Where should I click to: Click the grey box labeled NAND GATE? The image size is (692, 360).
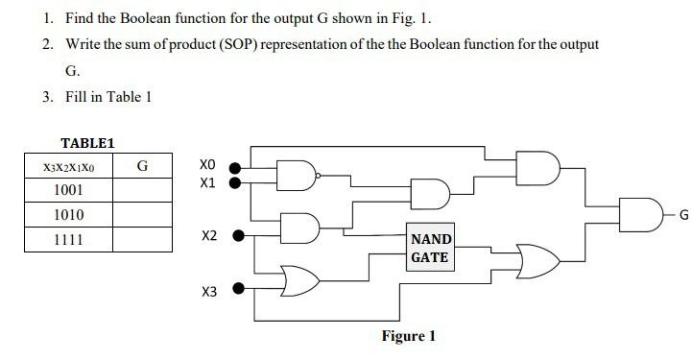tap(431, 249)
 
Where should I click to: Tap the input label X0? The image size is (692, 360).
tap(208, 164)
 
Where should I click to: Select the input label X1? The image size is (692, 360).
tap(208, 181)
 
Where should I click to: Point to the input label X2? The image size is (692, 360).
tap(209, 235)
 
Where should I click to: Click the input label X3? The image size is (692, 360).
tap(209, 291)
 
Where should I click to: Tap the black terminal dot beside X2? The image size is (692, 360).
tap(239, 233)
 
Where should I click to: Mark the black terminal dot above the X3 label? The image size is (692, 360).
tap(239, 287)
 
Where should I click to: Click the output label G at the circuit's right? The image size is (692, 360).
tap(683, 215)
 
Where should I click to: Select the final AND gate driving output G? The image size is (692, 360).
tap(639, 214)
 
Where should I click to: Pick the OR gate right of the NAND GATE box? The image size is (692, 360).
tap(535, 260)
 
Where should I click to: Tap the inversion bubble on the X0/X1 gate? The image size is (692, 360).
tap(320, 175)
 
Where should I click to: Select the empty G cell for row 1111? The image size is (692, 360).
tap(142, 240)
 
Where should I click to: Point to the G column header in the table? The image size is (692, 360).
tap(142, 166)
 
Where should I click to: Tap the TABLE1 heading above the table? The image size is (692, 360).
tap(87, 143)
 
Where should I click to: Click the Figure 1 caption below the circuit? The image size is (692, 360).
tap(408, 336)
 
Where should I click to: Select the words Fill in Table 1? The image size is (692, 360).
tap(108, 97)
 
